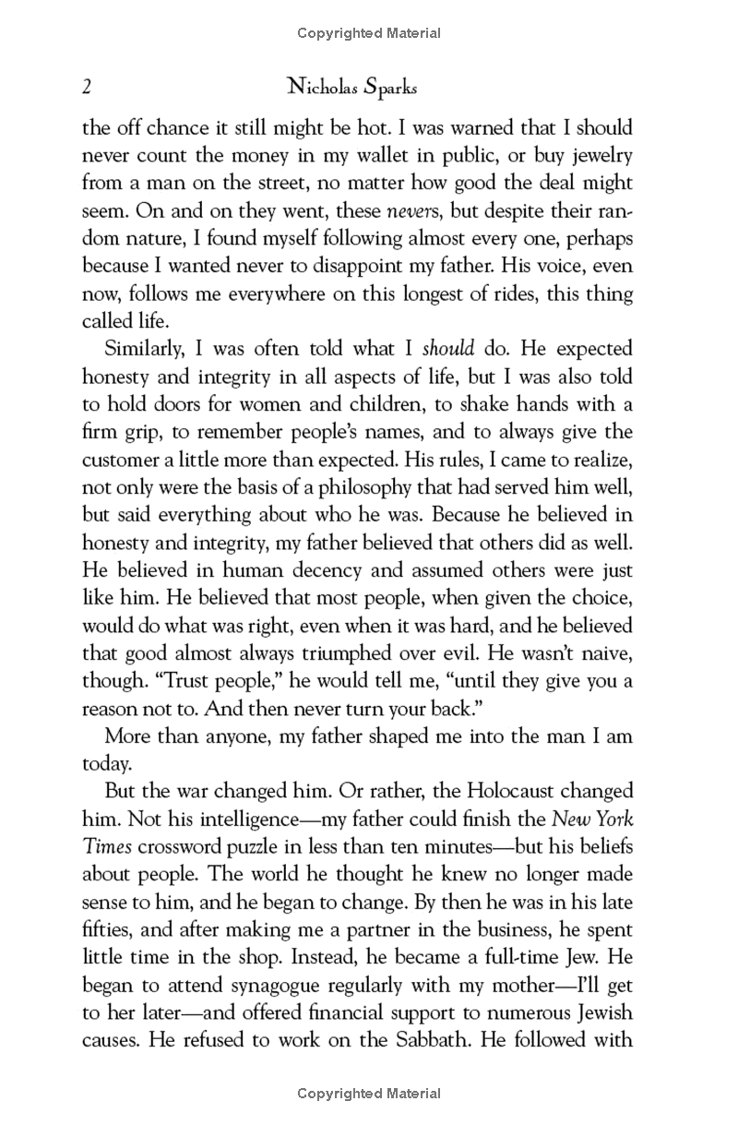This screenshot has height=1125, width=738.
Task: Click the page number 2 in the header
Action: coord(87,88)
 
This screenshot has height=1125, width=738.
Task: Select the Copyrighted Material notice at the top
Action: coord(369,34)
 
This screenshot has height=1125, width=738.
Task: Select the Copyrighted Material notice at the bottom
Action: coord(369,1094)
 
